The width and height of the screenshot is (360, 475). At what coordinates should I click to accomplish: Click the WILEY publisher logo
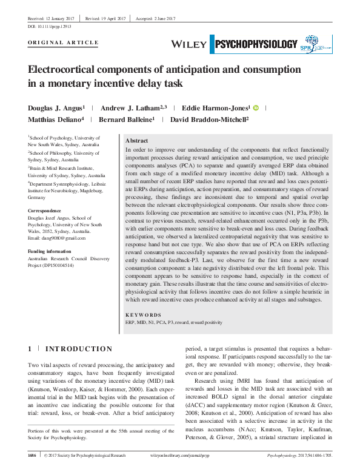point(189,44)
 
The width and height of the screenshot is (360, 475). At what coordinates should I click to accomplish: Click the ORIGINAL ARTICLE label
point(63,42)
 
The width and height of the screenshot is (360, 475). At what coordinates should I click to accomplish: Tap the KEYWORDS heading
point(143,315)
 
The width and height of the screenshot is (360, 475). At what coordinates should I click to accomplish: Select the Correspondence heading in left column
point(46,211)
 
